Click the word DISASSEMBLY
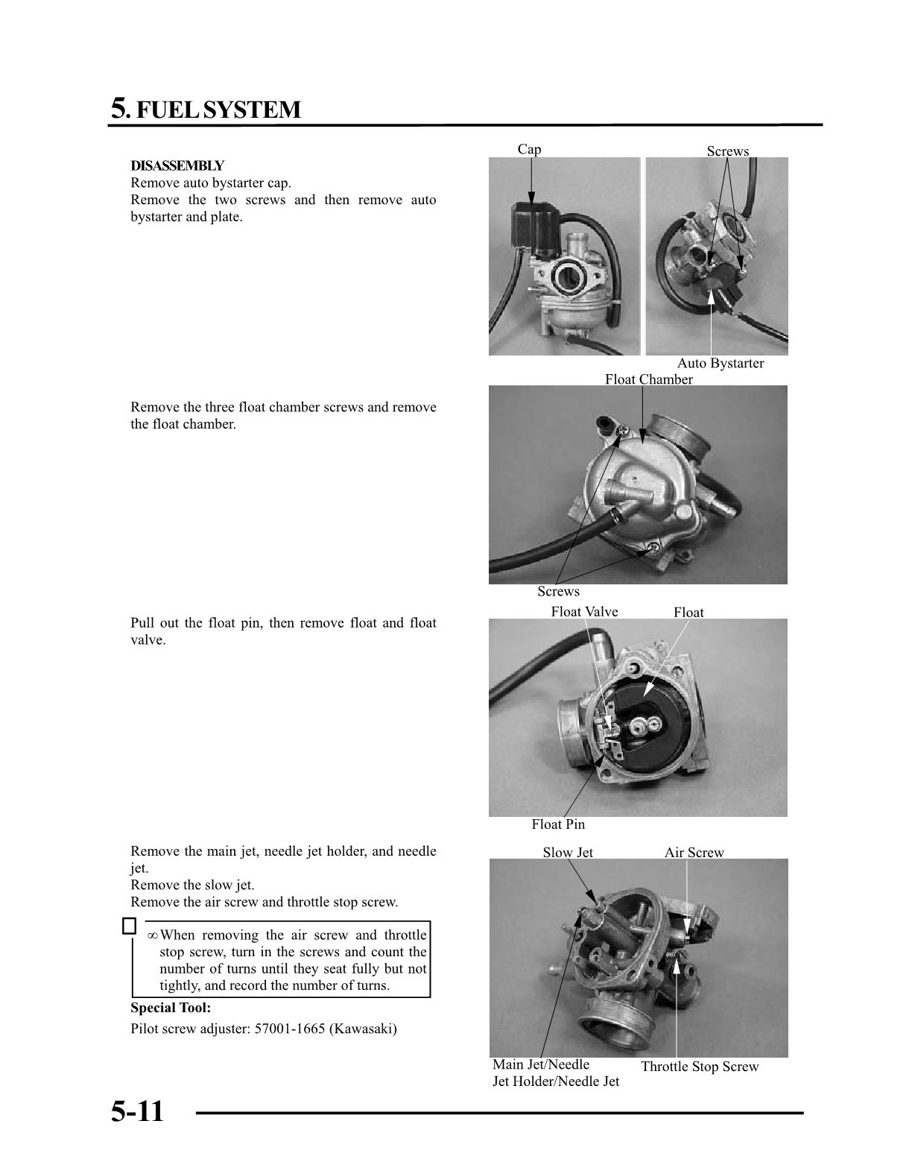tap(177, 165)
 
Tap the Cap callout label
tap(529, 149)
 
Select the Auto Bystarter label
tap(720, 363)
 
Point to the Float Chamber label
tap(648, 379)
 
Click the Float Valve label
tap(584, 612)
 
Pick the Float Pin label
tap(558, 824)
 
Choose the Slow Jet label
tap(568, 853)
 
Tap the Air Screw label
tap(694, 853)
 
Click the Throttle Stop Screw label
tap(700, 1067)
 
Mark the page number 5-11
tap(137, 1111)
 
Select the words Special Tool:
tap(171, 1008)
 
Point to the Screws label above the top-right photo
tap(727, 151)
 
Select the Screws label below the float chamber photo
tap(558, 592)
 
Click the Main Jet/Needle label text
tap(541, 1064)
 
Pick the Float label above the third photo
tap(688, 613)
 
